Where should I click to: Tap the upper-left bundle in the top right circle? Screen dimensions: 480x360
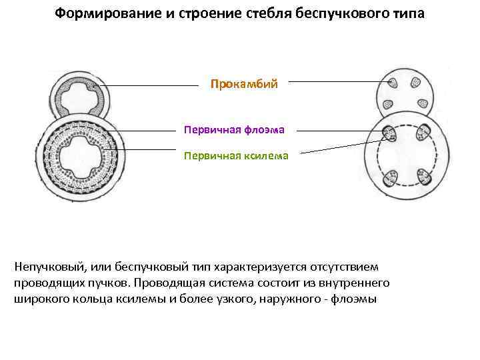[392, 84]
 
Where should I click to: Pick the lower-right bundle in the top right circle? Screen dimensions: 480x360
[422, 103]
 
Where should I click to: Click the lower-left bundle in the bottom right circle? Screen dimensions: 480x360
[391, 177]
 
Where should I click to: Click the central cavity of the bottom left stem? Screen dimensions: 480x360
[80, 160]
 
